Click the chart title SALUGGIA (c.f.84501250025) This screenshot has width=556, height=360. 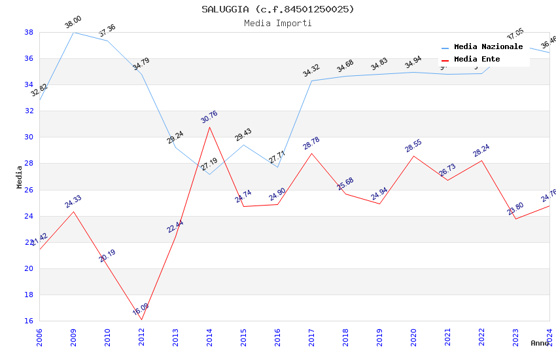278,9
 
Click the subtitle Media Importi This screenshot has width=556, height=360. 278,23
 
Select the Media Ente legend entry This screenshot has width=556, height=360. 477,60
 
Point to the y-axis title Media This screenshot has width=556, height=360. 20,177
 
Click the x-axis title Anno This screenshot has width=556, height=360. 540,343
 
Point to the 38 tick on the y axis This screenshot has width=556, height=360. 29,32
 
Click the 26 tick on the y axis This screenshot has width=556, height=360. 29,190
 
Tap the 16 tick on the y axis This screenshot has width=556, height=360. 29,321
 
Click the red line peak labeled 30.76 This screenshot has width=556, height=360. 209,126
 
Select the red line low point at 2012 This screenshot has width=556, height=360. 141,320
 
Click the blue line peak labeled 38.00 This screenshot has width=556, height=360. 73,32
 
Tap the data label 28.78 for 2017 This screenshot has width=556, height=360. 311,143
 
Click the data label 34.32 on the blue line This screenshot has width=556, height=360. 311,71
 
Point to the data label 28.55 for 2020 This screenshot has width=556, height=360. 413,146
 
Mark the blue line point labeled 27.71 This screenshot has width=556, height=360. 277,167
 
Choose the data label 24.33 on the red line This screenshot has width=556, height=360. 73,202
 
